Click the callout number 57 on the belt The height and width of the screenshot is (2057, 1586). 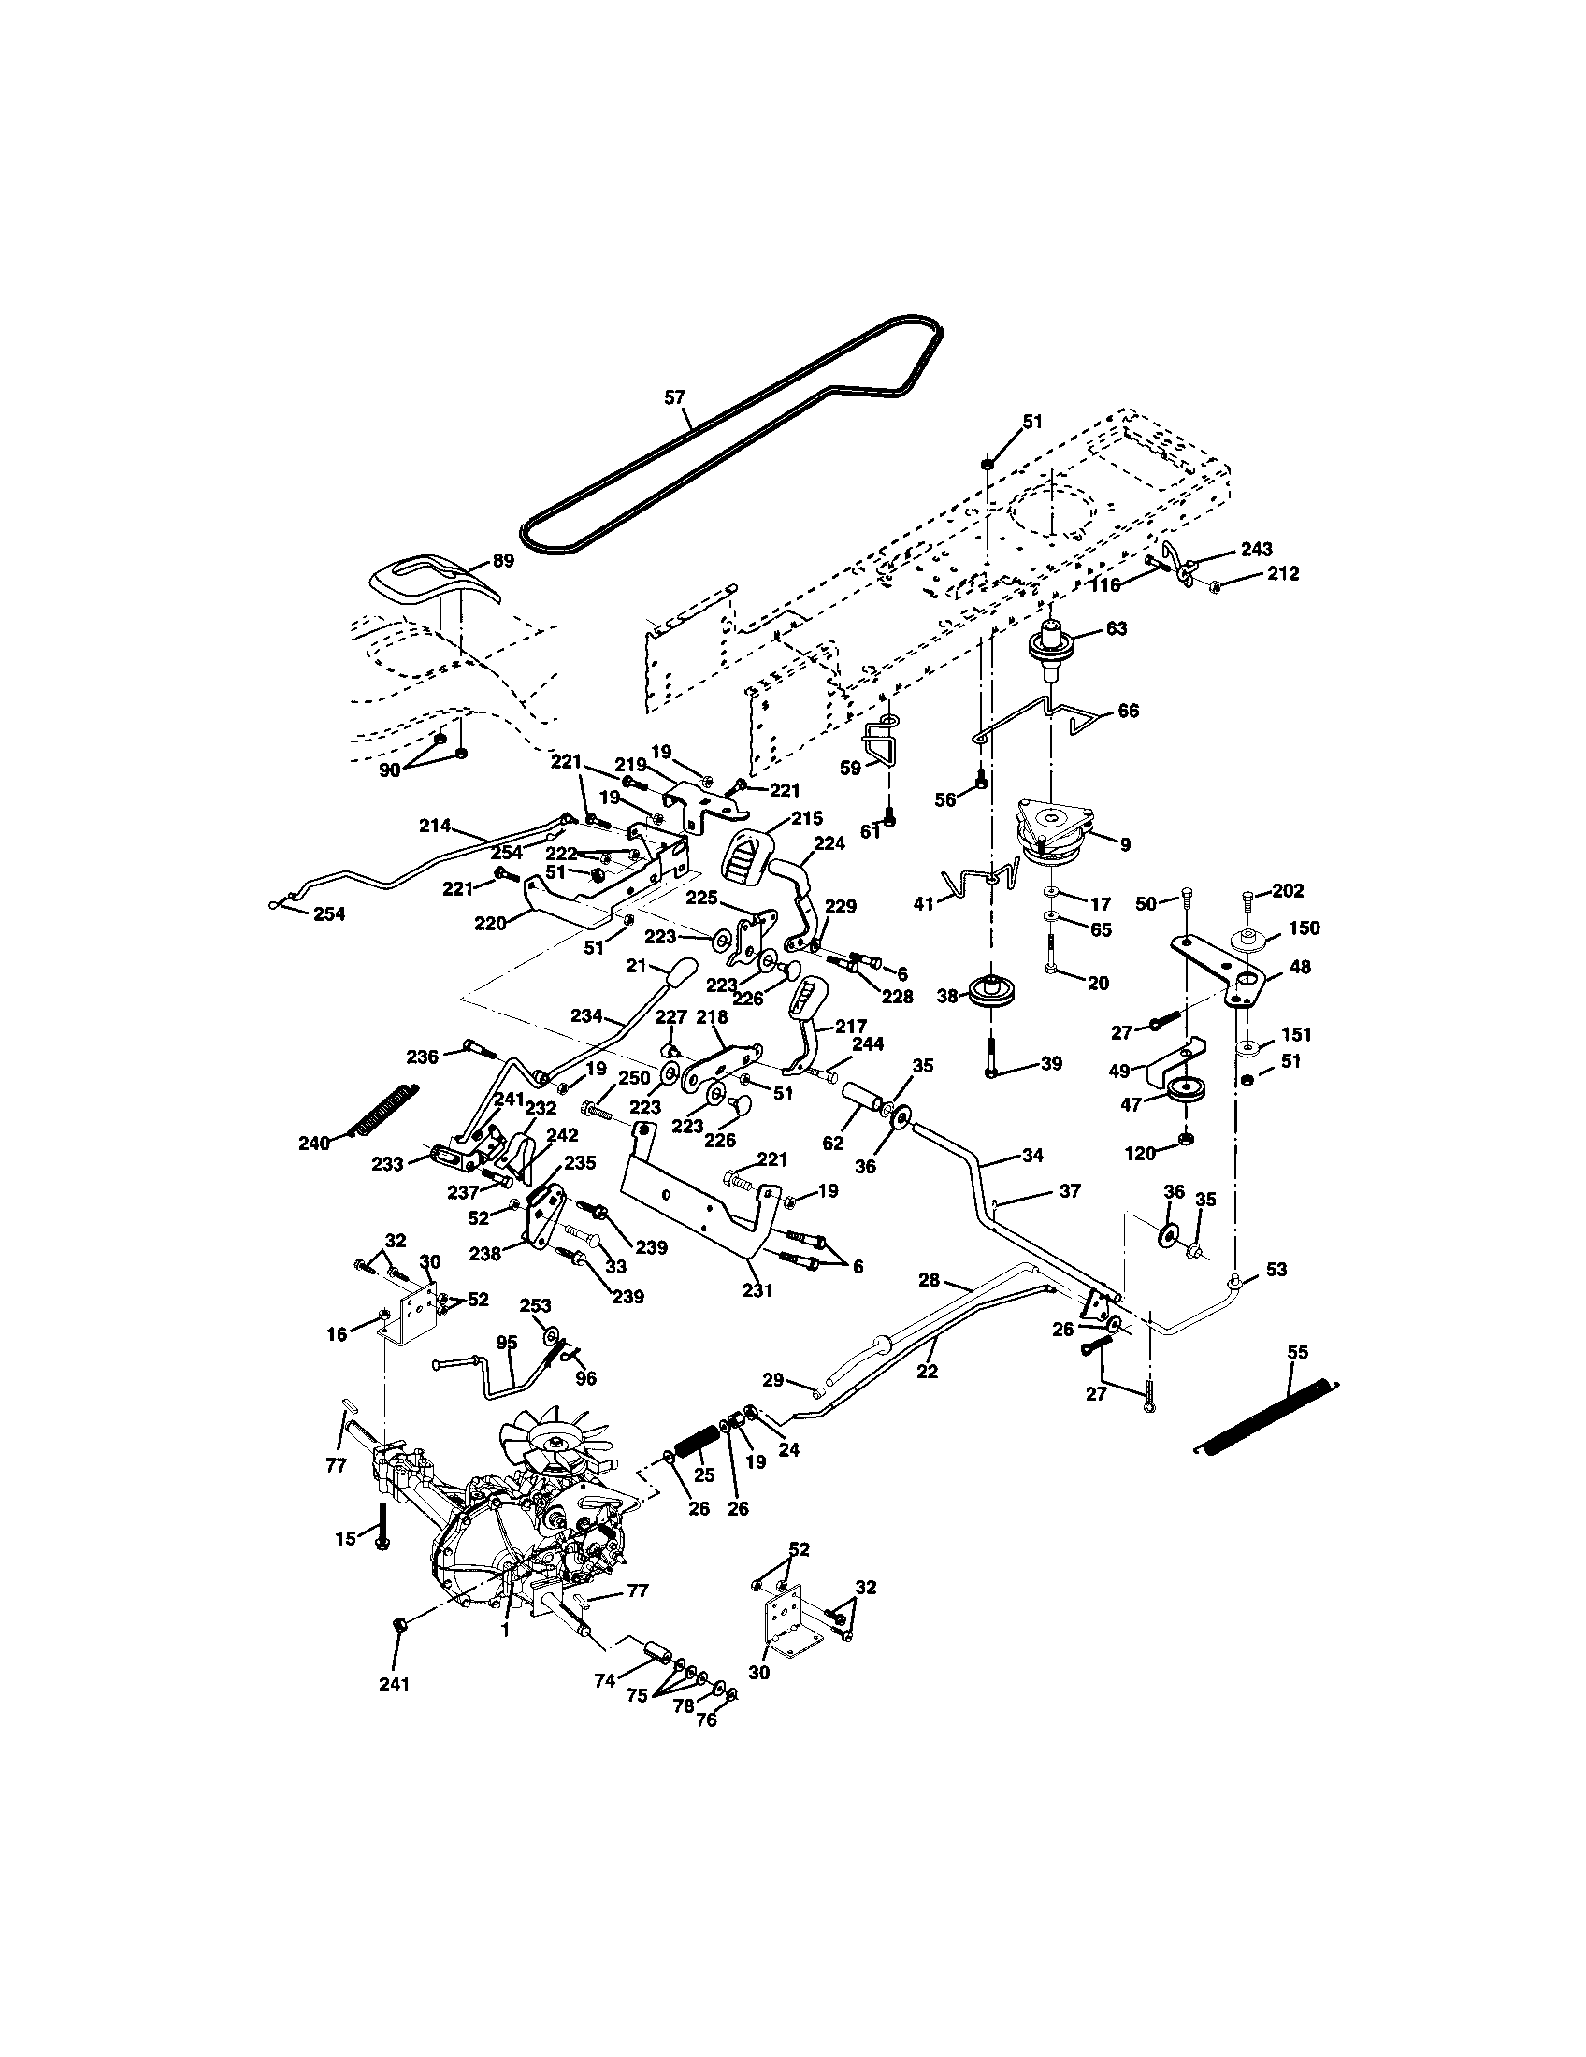coord(674,397)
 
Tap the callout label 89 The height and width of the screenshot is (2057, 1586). coord(504,561)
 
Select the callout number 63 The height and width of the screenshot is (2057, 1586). coord(1116,628)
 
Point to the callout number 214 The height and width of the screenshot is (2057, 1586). coord(435,826)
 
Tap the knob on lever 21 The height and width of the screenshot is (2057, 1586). coord(682,971)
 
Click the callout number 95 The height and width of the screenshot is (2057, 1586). coord(507,1342)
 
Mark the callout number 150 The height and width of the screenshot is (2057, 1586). coord(1304,928)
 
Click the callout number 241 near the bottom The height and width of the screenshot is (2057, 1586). coord(395,1685)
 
